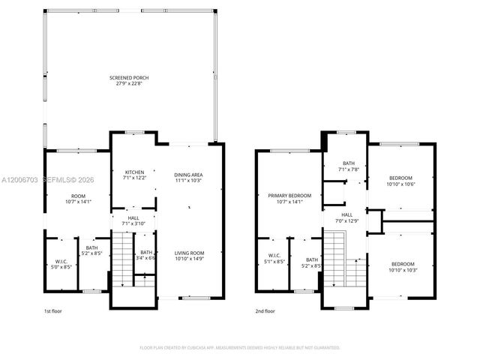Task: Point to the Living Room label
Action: pyautogui.click(x=189, y=256)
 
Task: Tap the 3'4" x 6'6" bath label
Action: pyautogui.click(x=146, y=255)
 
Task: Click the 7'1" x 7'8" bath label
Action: pyautogui.click(x=349, y=166)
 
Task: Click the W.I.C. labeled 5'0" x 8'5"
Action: pyautogui.click(x=61, y=263)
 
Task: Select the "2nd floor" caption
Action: pyautogui.click(x=265, y=310)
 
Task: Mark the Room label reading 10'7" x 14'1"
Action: pyautogui.click(x=78, y=198)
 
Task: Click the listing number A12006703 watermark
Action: pyautogui.click(x=21, y=180)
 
